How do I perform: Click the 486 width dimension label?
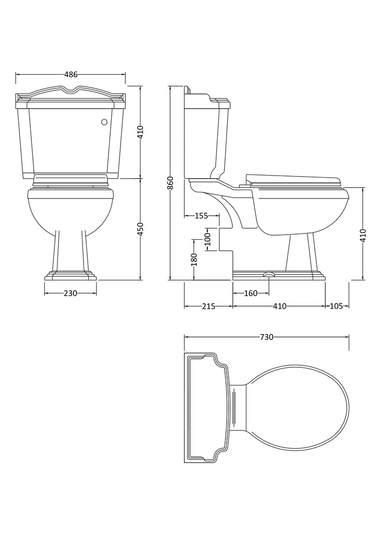click(x=71, y=74)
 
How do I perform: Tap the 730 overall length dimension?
click(x=267, y=337)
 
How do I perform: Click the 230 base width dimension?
click(x=70, y=293)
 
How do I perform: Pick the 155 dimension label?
click(x=201, y=216)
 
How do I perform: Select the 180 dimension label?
click(x=194, y=259)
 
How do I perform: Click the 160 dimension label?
click(x=251, y=293)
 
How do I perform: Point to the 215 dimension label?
click(x=209, y=306)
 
